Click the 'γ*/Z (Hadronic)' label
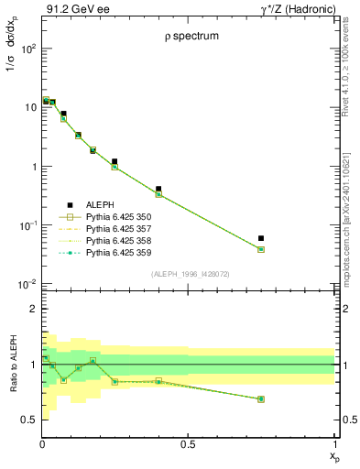coord(294,8)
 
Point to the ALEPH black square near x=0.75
coord(261,238)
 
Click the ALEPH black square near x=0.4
coord(158,189)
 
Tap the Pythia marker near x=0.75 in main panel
coord(261,249)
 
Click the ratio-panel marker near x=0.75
coord(261,399)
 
